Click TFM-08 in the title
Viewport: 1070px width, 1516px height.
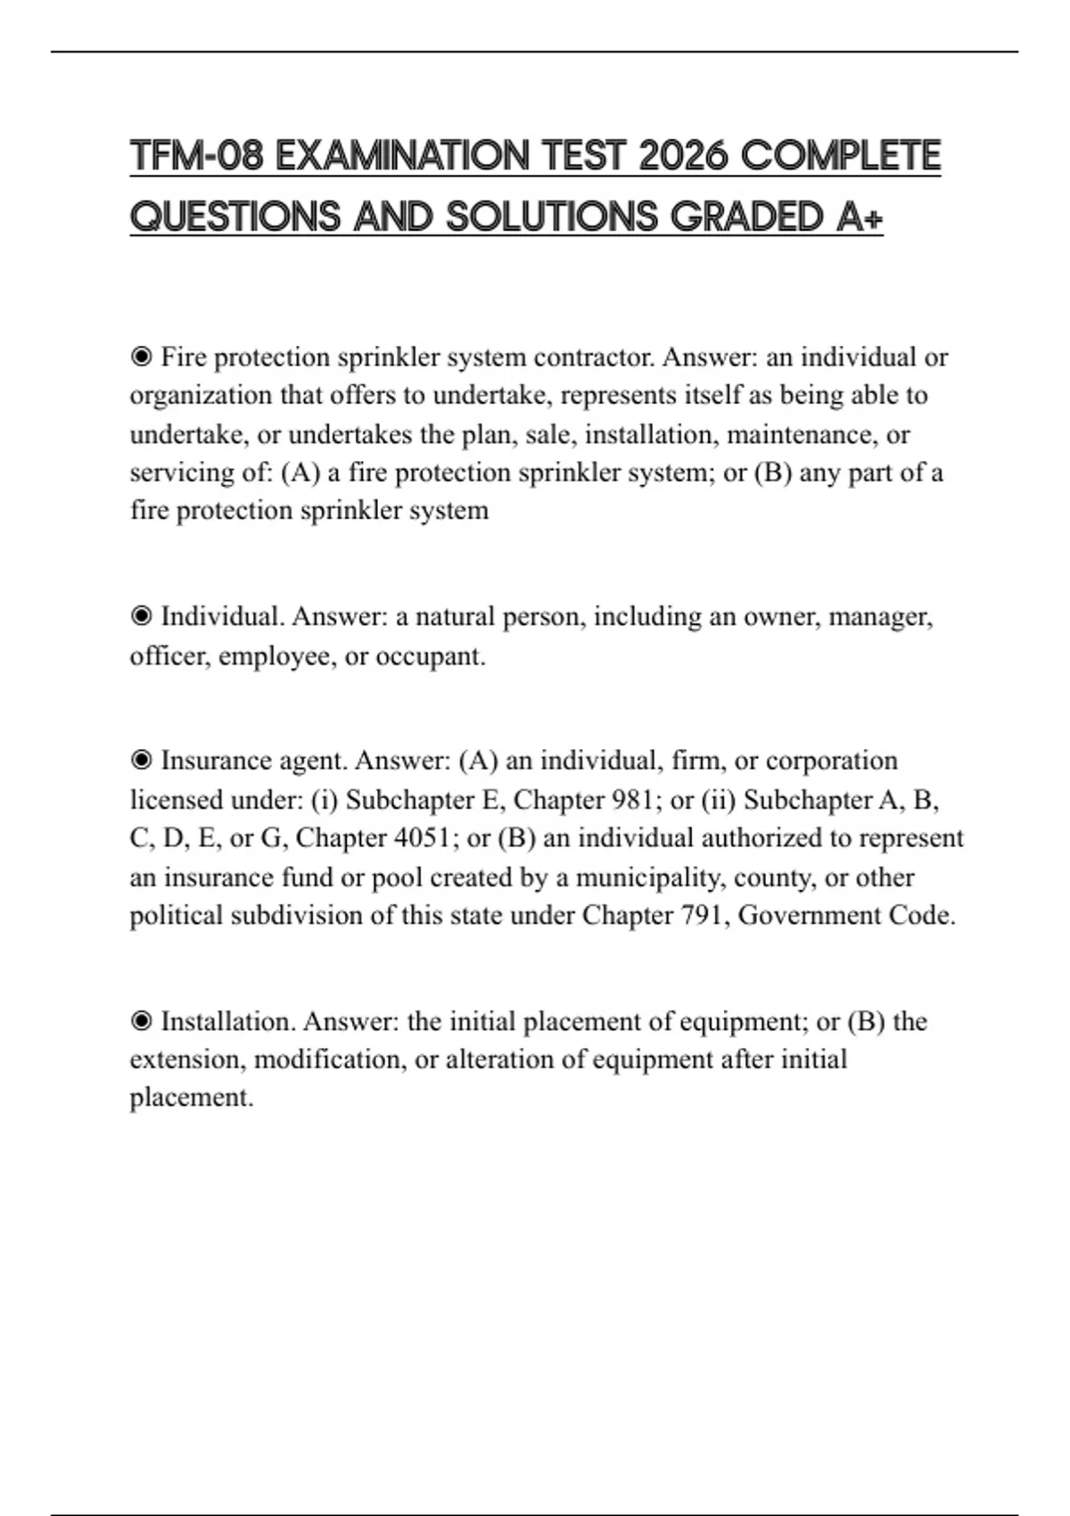(x=197, y=156)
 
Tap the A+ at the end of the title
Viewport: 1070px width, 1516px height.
(x=860, y=217)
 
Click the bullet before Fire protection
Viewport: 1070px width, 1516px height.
(x=141, y=358)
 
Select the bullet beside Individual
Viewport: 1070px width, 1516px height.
(x=141, y=616)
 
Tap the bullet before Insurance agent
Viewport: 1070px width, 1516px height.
(x=141, y=761)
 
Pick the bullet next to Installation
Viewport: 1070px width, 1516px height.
(x=141, y=1021)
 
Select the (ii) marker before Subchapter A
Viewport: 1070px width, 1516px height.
(x=719, y=800)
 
